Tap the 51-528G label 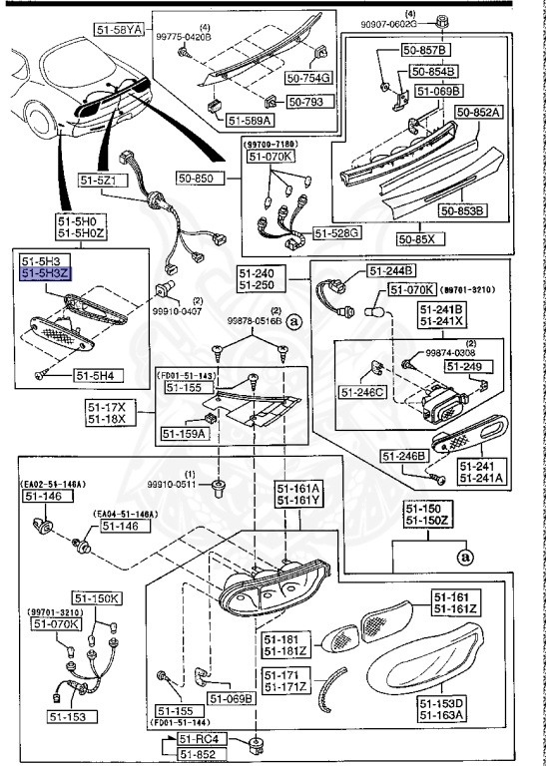tap(337, 233)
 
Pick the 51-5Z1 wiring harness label tap(100, 180)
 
